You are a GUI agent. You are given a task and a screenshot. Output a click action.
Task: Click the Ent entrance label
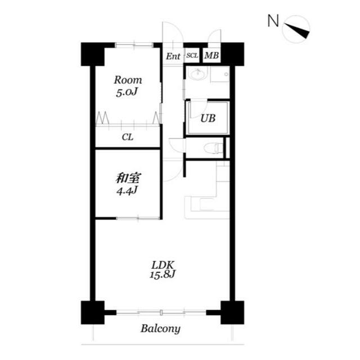click(x=173, y=56)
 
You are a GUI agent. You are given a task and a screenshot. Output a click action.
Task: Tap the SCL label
click(x=192, y=56)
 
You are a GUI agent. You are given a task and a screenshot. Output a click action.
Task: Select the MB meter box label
click(x=211, y=55)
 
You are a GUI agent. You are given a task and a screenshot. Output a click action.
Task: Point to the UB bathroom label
click(x=208, y=118)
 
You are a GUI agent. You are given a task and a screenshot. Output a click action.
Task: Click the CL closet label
click(x=128, y=137)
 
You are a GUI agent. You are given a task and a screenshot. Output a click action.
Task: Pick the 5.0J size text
click(x=127, y=92)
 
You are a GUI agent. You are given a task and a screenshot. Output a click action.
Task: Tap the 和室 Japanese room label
click(x=128, y=178)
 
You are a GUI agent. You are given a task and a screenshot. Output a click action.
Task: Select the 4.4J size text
click(x=127, y=191)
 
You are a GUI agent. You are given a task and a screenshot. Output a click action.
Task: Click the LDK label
click(x=163, y=265)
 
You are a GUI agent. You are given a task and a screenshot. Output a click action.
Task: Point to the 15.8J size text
click(x=163, y=274)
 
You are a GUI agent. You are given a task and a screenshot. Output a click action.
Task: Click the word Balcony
click(x=160, y=329)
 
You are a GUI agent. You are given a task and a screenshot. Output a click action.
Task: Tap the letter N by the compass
click(x=273, y=21)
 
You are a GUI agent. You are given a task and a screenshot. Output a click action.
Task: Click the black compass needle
click(x=297, y=31)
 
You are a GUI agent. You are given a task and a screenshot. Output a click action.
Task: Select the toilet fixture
click(x=214, y=148)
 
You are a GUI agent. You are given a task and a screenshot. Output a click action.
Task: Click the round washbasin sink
click(x=197, y=74)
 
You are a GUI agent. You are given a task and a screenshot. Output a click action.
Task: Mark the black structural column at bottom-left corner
click(x=93, y=313)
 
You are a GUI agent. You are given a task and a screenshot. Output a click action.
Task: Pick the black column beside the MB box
click(x=232, y=54)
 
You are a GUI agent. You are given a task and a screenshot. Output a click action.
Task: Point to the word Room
click(x=128, y=80)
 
